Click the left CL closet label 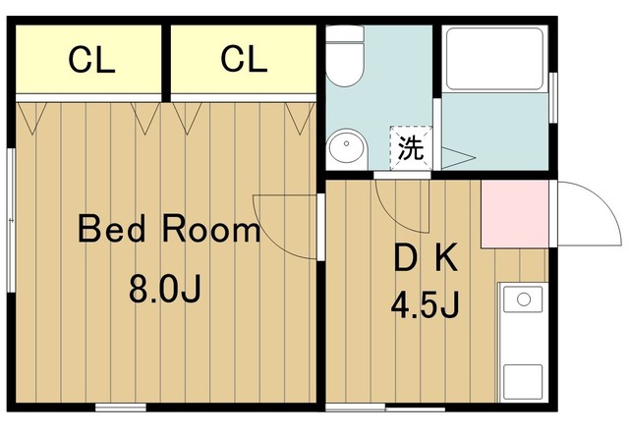tap(91, 60)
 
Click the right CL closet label tap(244, 59)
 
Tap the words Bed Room tap(169, 229)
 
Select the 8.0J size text tap(165, 289)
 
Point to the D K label tap(426, 258)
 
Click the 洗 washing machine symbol tap(411, 147)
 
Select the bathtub tap(494, 59)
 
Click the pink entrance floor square tap(515, 214)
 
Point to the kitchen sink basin tap(524, 299)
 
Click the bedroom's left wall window tap(11, 220)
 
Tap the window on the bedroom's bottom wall tap(121, 408)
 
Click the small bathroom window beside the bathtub tap(553, 98)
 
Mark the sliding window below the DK tap(385, 408)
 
